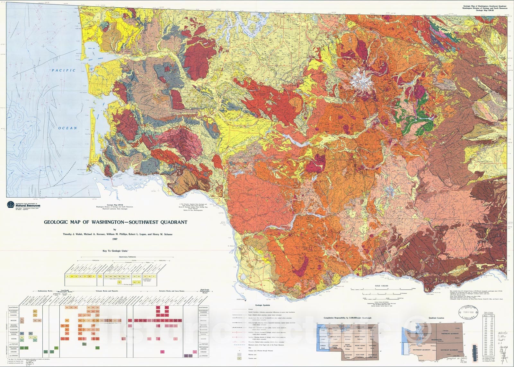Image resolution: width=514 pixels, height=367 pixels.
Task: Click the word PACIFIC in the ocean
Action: (x=64, y=70)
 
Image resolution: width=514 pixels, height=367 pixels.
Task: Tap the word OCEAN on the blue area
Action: (x=67, y=128)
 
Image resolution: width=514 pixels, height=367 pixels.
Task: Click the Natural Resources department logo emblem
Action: (x=11, y=204)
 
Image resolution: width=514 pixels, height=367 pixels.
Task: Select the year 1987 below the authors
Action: (x=115, y=239)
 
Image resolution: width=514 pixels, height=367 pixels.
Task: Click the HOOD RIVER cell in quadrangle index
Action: (x=359, y=355)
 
